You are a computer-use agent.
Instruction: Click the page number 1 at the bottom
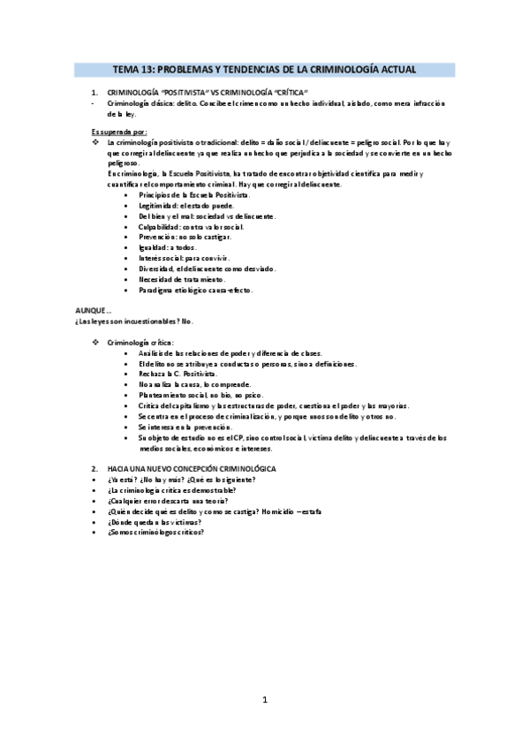(265, 700)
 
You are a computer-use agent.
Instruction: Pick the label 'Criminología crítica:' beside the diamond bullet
(140, 342)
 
